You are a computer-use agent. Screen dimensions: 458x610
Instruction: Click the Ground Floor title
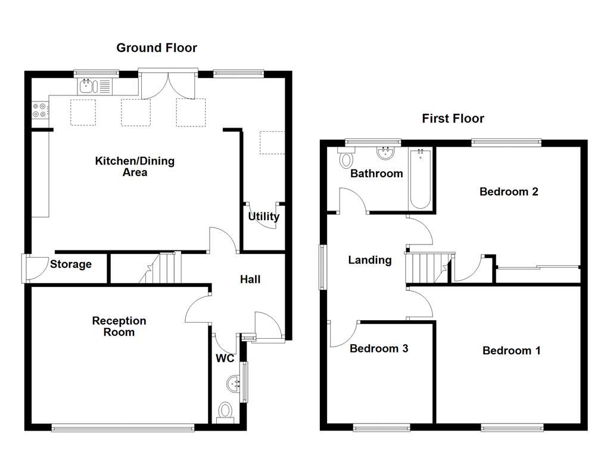[x=156, y=48]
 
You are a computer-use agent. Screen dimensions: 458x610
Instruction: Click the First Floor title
[x=453, y=118]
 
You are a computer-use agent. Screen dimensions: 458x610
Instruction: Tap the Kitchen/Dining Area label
[x=135, y=167]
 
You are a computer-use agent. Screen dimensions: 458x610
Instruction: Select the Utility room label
[x=263, y=216]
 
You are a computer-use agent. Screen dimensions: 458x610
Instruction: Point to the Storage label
[x=71, y=264]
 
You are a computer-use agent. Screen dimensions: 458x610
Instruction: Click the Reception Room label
[x=119, y=326]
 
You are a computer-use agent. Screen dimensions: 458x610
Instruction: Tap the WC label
[x=225, y=358]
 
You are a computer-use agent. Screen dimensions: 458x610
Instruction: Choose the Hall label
[x=250, y=278]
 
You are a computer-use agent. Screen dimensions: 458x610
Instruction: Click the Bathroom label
[x=376, y=174]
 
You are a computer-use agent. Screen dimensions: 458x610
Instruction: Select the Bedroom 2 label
[x=509, y=191]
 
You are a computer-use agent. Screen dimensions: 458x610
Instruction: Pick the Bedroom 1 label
[x=511, y=350]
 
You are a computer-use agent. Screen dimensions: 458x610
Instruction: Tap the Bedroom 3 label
[x=379, y=348]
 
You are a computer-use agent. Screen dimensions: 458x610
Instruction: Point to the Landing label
[x=370, y=260]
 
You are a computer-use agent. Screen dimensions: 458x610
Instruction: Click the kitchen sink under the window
[x=94, y=86]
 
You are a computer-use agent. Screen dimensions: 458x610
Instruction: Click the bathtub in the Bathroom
[x=421, y=179]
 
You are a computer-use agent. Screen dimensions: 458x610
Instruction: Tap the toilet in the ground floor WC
[x=225, y=411]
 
